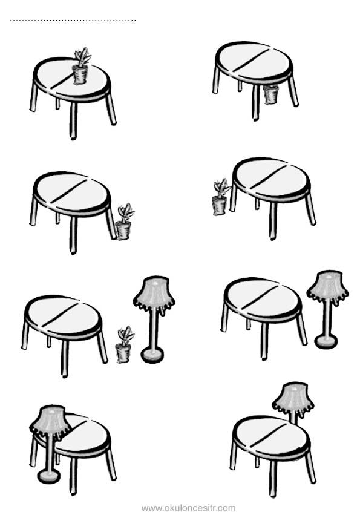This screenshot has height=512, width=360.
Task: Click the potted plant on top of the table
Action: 81,67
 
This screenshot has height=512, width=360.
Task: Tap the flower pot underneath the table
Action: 271,94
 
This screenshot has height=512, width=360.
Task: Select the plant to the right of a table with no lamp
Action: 124,222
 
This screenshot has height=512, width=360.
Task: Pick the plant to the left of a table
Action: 221,197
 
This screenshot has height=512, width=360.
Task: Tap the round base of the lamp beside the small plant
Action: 152,355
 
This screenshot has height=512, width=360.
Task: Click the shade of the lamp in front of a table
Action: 50,421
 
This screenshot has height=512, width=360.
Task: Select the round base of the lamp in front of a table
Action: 48,476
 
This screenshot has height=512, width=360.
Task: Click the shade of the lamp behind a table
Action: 293,399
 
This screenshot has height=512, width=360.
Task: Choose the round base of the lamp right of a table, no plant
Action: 326,341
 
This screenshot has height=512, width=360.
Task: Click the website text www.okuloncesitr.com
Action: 189,508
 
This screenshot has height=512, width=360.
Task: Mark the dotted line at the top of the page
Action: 73,21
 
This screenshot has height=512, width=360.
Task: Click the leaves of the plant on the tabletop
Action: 82,56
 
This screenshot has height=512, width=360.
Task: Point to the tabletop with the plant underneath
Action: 254,62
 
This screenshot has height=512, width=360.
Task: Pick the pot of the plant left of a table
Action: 220,205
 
